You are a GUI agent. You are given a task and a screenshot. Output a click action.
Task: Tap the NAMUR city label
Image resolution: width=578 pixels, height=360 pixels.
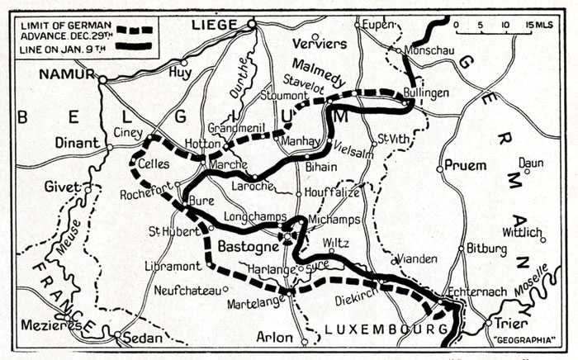pyautogui.click(x=63, y=73)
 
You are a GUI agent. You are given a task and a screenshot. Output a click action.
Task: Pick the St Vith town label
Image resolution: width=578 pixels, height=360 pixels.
pyautogui.click(x=393, y=138)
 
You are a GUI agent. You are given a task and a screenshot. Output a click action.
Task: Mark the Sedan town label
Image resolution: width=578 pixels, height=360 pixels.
pyautogui.click(x=140, y=337)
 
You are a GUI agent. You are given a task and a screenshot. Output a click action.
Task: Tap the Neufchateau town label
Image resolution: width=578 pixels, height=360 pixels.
pyautogui.click(x=187, y=290)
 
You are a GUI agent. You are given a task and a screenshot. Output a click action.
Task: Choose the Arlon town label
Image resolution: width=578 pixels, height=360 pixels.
pyautogui.click(x=275, y=337)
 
